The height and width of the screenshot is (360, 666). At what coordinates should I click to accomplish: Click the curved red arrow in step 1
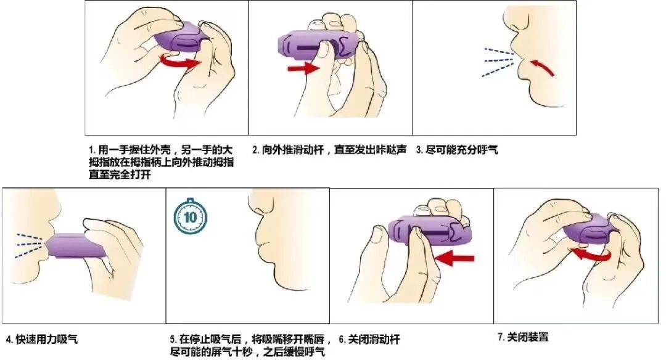[180, 61]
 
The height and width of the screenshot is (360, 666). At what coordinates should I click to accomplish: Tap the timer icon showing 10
[190, 216]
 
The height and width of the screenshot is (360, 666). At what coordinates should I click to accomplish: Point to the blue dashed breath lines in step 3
[498, 62]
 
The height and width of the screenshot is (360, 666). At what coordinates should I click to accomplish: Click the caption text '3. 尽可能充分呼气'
[456, 150]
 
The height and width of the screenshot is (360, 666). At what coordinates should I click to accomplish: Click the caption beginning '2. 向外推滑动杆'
[330, 150]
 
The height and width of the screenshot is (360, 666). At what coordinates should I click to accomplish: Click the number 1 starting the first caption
[91, 150]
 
